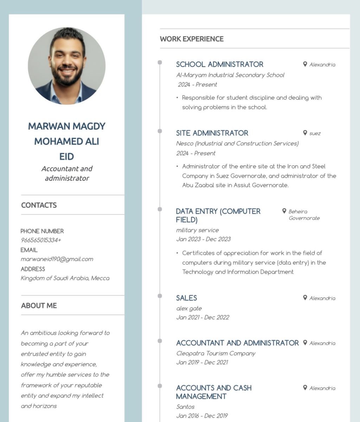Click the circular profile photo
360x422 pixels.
pos(67,66)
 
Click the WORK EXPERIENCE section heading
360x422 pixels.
pos(192,39)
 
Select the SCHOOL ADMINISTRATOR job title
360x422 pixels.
pos(219,64)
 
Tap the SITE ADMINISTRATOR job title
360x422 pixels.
pos(212,133)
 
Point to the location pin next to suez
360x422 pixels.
pos(305,133)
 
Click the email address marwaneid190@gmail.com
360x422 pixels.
pos(57,259)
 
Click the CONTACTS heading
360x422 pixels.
pos(39,205)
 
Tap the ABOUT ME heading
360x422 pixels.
pos(39,306)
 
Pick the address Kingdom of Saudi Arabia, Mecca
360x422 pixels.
pos(65,278)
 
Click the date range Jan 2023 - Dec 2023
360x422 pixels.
pos(203,239)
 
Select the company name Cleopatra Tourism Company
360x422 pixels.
pos(216,353)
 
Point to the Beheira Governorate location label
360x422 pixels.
pos(304,215)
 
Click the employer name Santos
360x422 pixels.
pos(185,407)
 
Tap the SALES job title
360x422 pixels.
pos(186,298)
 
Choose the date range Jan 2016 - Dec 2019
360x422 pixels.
pos(202,416)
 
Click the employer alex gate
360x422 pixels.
pos(189,309)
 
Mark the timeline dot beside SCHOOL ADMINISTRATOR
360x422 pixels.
pos(160,63)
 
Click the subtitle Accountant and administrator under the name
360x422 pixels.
pos(67,173)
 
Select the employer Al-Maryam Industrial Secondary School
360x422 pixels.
pos(230,75)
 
